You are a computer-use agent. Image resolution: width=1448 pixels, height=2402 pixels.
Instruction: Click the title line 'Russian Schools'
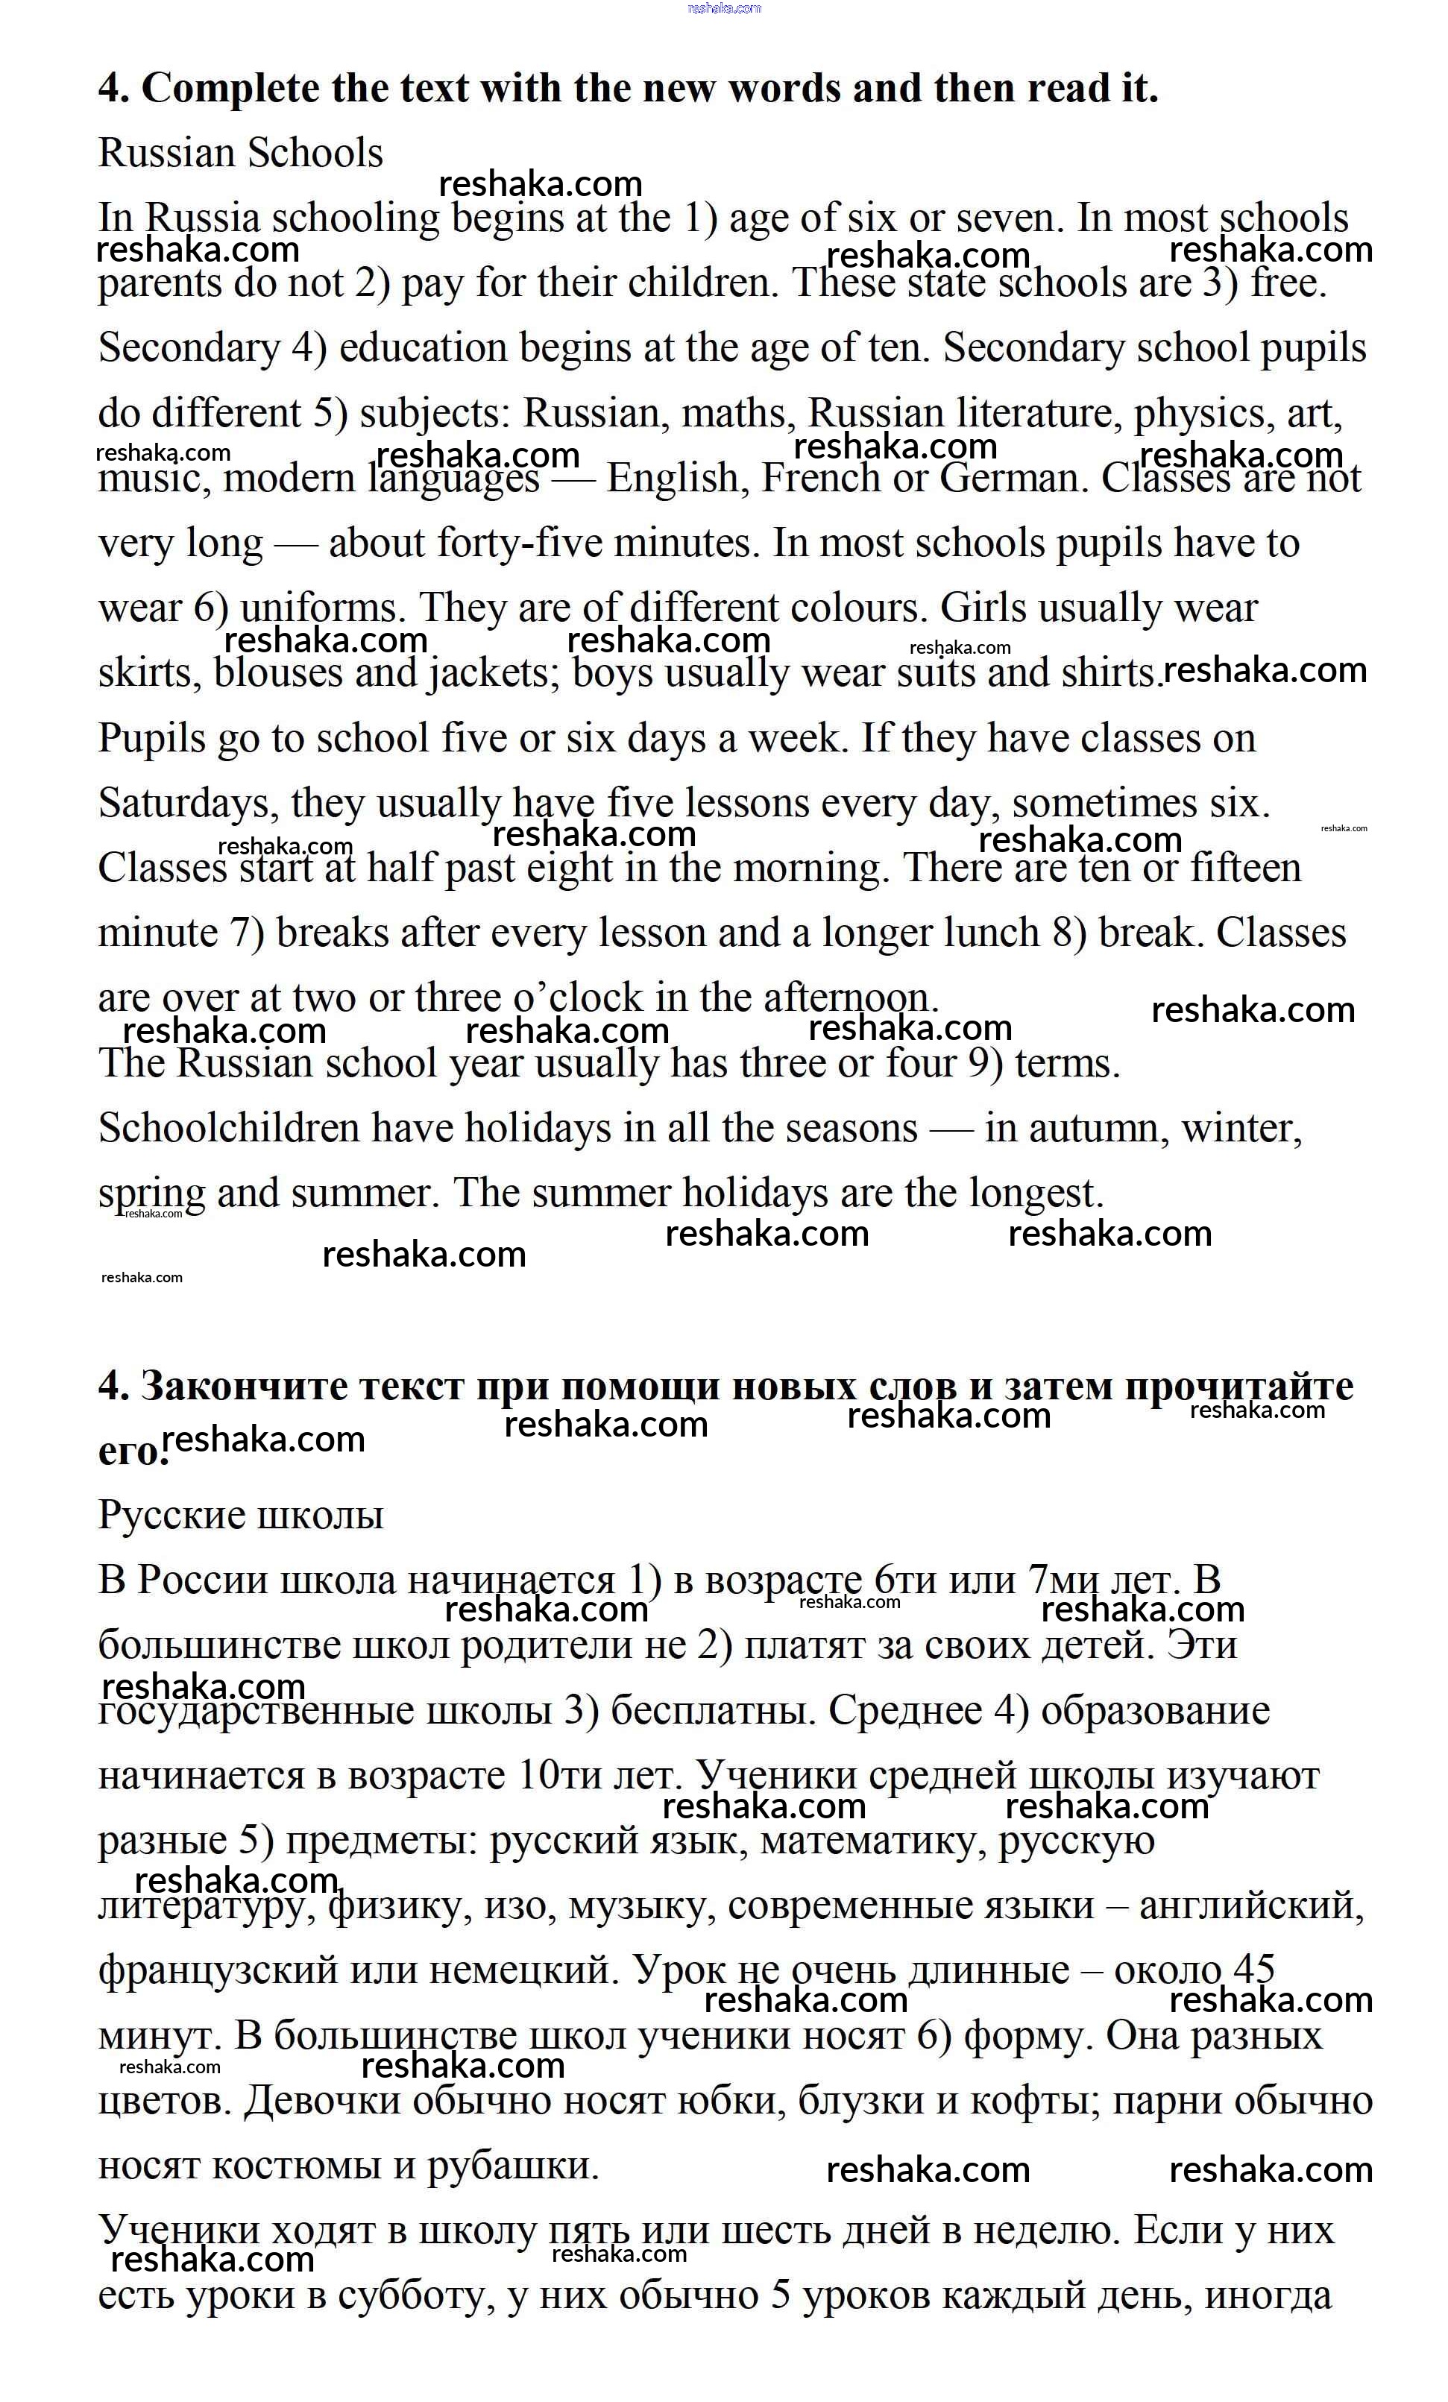(240, 153)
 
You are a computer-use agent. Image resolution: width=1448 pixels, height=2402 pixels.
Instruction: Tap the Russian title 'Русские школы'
(240, 1515)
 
